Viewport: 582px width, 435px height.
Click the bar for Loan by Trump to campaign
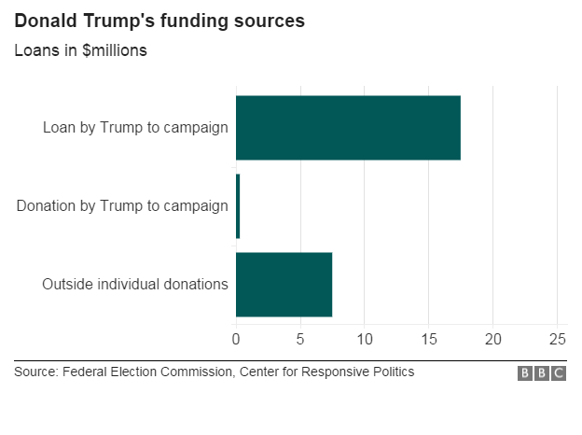coord(348,127)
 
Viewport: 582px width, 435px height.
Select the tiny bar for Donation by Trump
coord(238,205)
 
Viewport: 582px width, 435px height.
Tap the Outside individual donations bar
coord(284,284)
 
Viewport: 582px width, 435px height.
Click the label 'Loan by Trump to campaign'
coord(135,127)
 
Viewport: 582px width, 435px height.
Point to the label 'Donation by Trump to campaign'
coord(122,205)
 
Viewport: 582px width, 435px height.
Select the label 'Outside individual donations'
coord(135,284)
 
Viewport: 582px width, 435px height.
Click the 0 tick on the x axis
coord(236,338)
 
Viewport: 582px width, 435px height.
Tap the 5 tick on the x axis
coord(300,338)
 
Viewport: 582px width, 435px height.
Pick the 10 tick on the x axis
coord(365,338)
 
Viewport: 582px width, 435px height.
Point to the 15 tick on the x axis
coord(429,338)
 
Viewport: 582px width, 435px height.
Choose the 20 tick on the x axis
coord(493,338)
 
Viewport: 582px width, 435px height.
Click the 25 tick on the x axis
coord(557,338)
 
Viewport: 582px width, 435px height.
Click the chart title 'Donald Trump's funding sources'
coord(159,21)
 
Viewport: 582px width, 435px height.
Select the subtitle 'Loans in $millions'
coord(80,50)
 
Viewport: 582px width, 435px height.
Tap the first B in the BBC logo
coord(525,373)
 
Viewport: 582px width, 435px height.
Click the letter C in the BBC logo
coord(559,373)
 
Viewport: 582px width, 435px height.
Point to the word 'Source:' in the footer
coord(35,372)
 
